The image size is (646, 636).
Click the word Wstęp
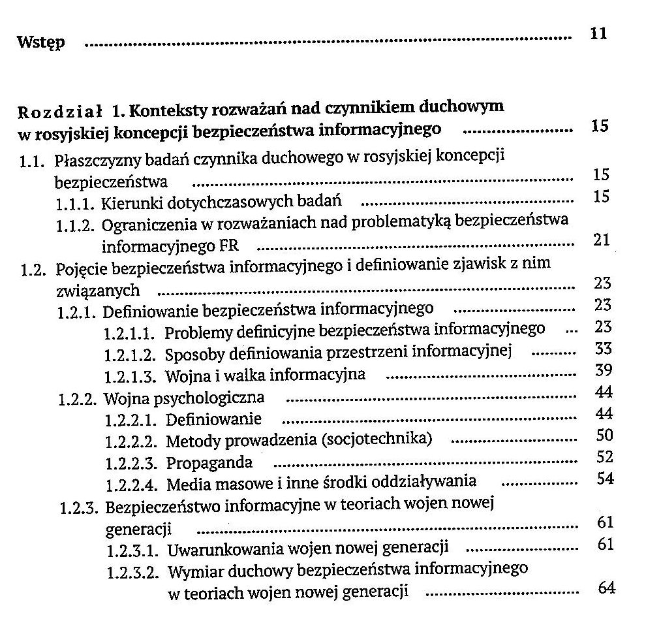coord(40,43)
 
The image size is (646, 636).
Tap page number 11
coord(598,33)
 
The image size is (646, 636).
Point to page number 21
coord(602,240)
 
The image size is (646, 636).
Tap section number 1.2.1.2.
coord(129,355)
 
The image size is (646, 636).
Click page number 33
coord(604,349)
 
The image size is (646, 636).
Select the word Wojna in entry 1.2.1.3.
coord(185,376)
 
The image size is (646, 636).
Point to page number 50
coord(606,434)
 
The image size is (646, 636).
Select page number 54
coord(606,478)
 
